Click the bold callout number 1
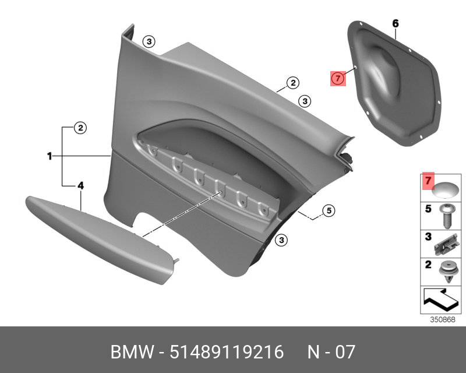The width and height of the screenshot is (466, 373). tap(50, 156)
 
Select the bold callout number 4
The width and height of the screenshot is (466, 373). tap(80, 185)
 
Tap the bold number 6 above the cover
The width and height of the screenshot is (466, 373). tap(396, 23)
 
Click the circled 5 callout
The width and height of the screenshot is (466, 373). tap(329, 210)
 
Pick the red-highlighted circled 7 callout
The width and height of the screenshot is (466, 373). tap(338, 79)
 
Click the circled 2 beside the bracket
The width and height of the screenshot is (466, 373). tap(80, 128)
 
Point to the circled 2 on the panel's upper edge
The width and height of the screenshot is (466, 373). tap(293, 83)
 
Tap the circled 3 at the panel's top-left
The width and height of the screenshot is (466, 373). tap(149, 41)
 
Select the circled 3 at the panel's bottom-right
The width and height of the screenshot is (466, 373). tap(281, 240)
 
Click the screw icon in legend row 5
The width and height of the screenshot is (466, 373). tap(445, 216)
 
